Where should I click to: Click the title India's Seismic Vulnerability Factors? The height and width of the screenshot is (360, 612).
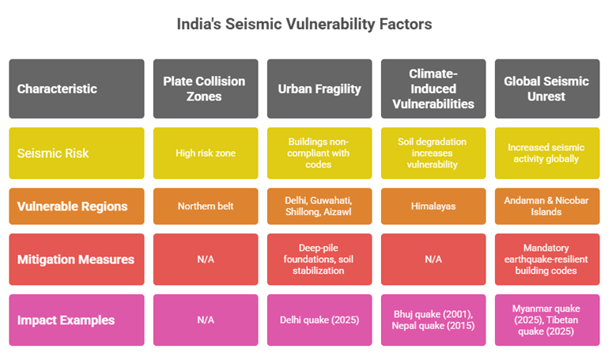pyautogui.click(x=304, y=25)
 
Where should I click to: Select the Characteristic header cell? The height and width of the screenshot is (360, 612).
pyautogui.click(x=77, y=89)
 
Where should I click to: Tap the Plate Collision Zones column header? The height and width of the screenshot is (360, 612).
pyautogui.click(x=204, y=89)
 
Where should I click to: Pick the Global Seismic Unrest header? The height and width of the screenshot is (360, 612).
pyautogui.click(x=546, y=89)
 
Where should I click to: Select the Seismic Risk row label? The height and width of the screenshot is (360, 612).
pyautogui.click(x=77, y=152)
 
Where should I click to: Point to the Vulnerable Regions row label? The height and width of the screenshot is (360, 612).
pyautogui.click(x=77, y=206)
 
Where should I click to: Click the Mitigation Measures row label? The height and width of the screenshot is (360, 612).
pyautogui.click(x=77, y=260)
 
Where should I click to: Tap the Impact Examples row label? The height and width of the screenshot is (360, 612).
pyautogui.click(x=77, y=320)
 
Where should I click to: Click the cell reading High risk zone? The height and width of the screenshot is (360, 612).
pyautogui.click(x=204, y=152)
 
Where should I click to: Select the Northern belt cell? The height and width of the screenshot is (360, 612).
pyautogui.click(x=204, y=206)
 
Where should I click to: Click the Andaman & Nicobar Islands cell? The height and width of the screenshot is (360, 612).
pyautogui.click(x=546, y=206)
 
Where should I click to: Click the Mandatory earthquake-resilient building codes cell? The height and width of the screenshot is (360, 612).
pyautogui.click(x=546, y=260)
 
